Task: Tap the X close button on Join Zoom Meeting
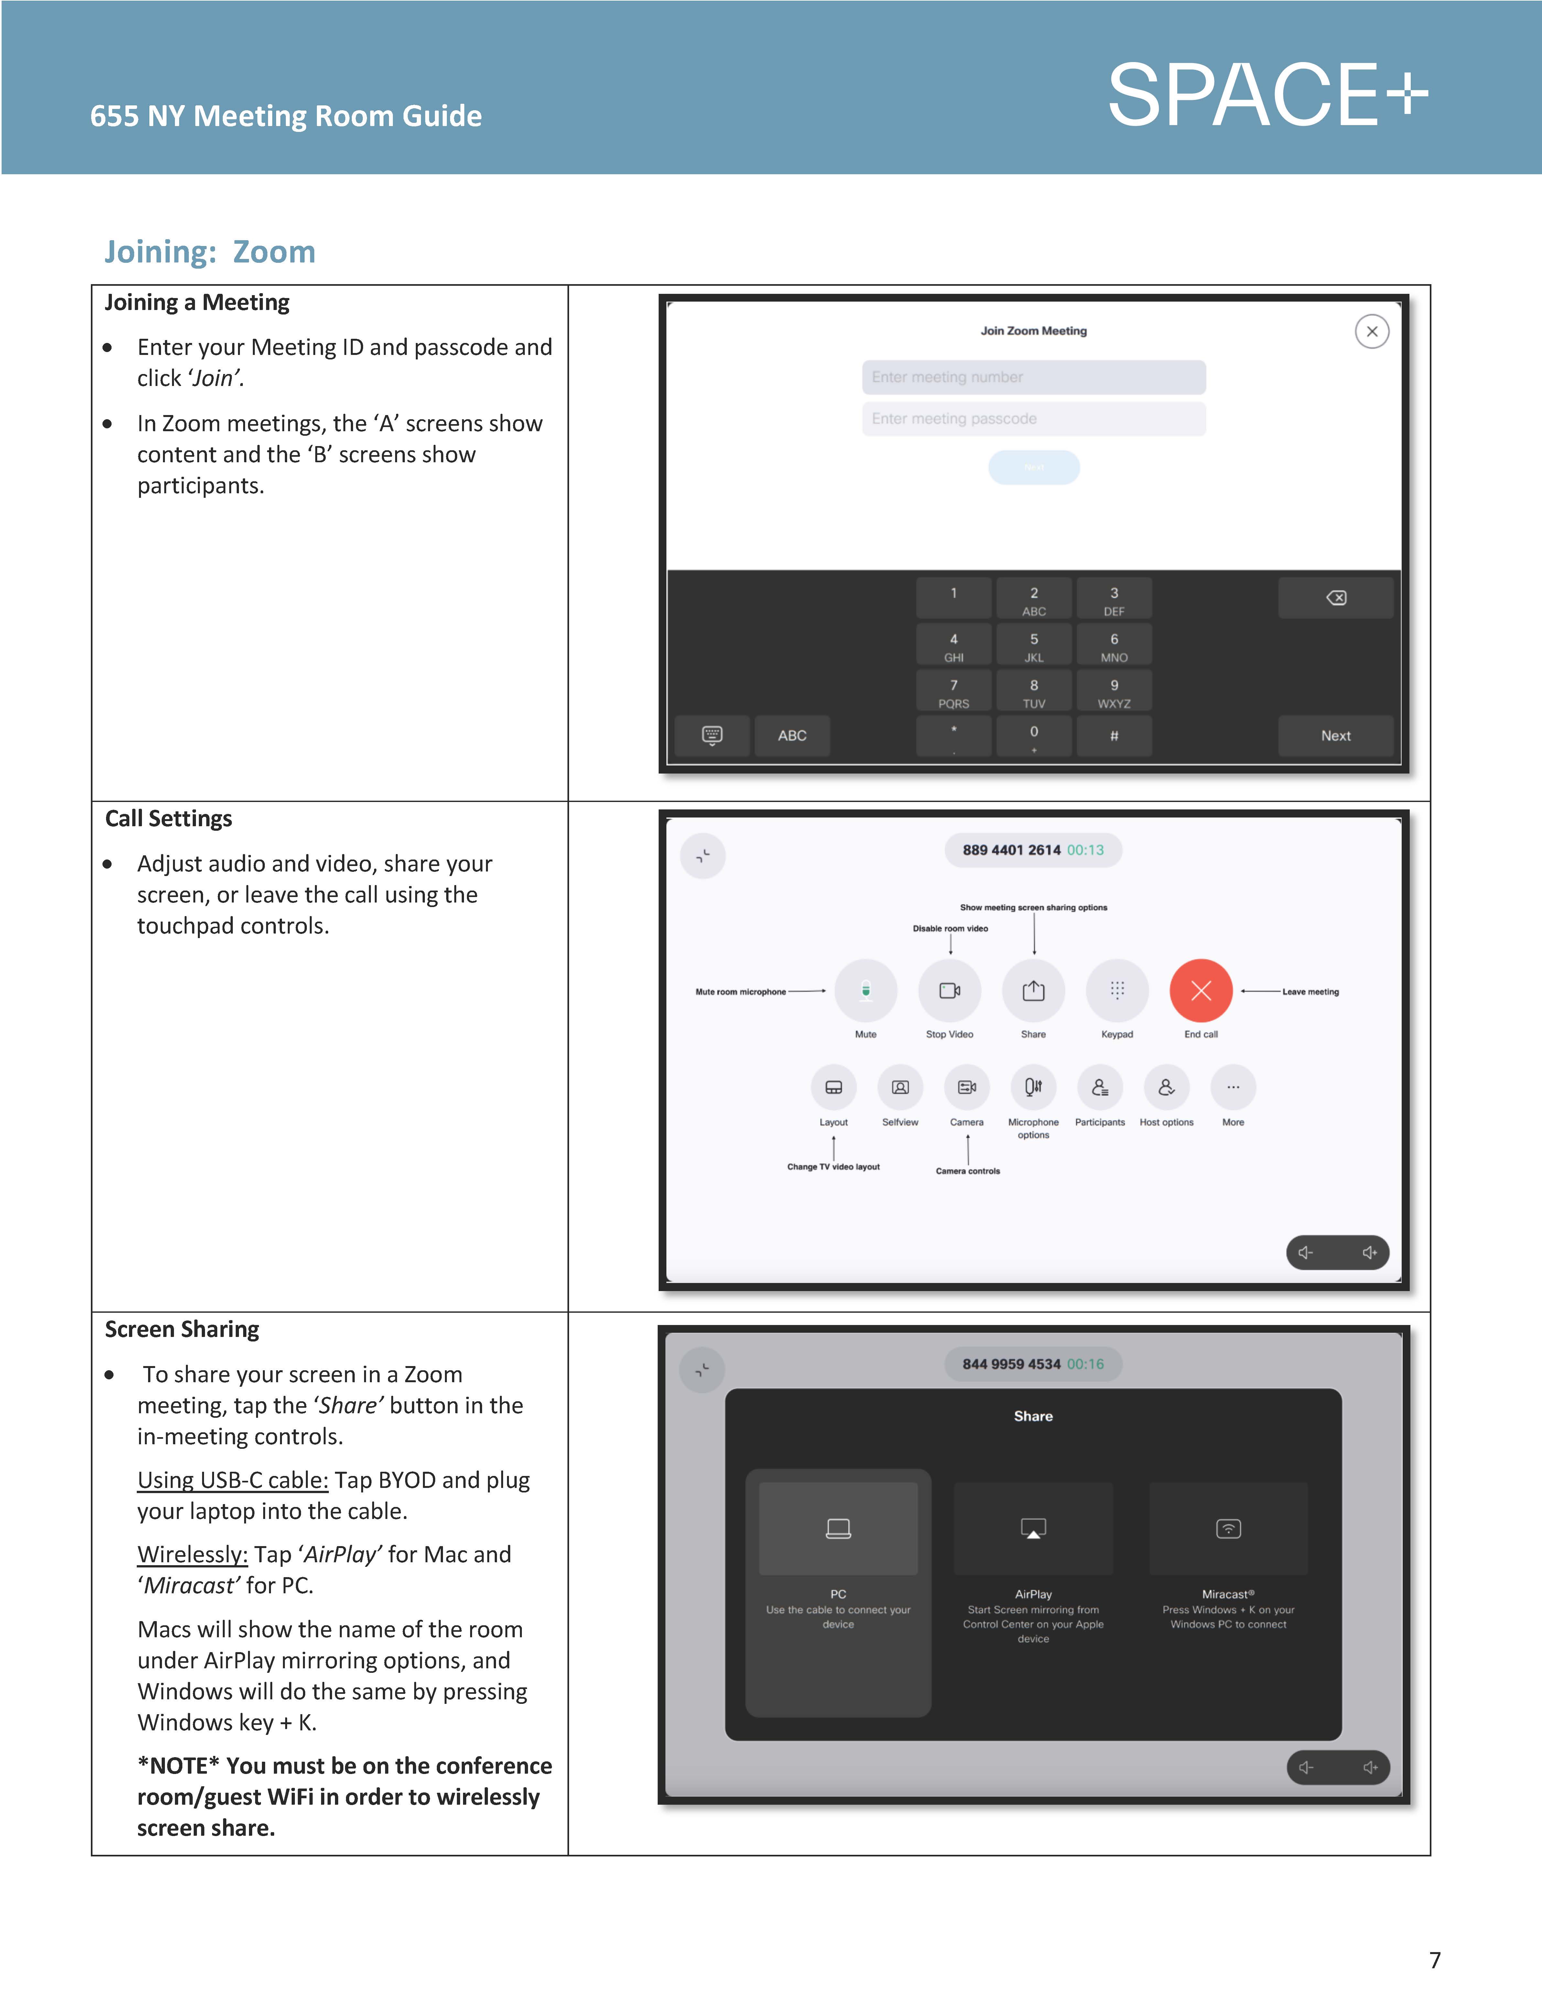[1371, 331]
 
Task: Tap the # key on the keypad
[1113, 736]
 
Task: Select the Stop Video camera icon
[949, 991]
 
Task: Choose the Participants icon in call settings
[1100, 1088]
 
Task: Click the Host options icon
[1166, 1088]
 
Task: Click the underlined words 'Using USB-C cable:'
[232, 1480]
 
